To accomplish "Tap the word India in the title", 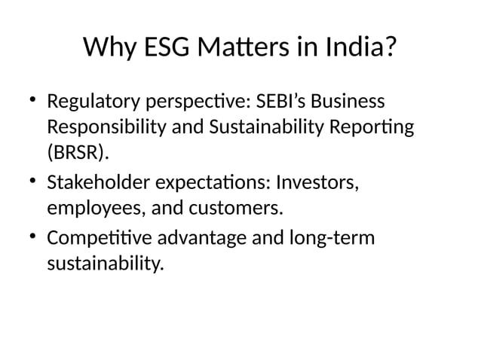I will click(x=358, y=49).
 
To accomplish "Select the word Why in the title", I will click(x=107, y=49).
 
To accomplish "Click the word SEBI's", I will click(x=277, y=101).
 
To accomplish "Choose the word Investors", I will click(x=318, y=183).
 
